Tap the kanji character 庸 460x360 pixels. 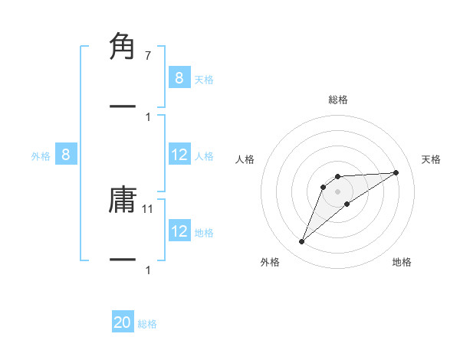click(123, 200)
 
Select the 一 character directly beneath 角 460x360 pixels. click(123, 106)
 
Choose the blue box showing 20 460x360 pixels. click(123, 323)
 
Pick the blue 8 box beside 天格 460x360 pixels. click(179, 78)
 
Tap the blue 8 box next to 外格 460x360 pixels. click(66, 155)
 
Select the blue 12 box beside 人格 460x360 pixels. click(179, 155)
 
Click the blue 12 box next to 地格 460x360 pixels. click(179, 231)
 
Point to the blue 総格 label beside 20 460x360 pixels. click(147, 324)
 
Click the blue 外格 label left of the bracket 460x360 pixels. click(41, 156)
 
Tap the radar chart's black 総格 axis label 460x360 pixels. click(338, 100)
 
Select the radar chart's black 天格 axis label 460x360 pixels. click(432, 159)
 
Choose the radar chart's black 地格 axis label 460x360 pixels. click(402, 262)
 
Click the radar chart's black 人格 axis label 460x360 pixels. click(245, 159)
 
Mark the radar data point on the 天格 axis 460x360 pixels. click(396, 172)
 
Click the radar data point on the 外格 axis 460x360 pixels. click(301, 242)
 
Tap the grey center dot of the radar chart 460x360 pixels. click(338, 191)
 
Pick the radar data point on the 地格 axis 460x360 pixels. click(347, 204)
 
